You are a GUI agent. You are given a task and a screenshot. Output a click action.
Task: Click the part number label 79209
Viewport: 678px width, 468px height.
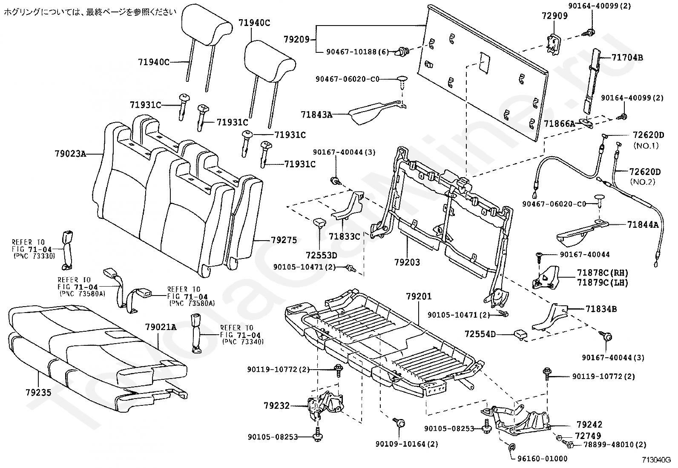296,40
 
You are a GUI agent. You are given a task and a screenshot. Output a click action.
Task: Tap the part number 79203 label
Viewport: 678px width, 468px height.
407,262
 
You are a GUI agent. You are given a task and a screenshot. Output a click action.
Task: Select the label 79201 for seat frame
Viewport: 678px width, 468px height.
419,296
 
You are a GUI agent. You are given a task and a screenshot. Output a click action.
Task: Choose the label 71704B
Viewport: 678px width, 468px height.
627,57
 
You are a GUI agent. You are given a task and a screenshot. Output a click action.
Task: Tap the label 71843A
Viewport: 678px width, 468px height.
316,115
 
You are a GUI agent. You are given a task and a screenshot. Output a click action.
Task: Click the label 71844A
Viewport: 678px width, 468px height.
643,224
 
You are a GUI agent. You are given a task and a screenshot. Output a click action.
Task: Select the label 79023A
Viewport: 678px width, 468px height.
70,153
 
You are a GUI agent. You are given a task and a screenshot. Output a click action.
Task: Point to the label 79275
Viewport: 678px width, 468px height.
284,240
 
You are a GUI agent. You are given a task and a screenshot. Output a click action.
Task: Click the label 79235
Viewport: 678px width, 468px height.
38,392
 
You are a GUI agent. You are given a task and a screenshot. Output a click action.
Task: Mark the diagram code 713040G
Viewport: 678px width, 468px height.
656,460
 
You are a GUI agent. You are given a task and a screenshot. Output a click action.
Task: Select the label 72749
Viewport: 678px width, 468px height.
588,436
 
